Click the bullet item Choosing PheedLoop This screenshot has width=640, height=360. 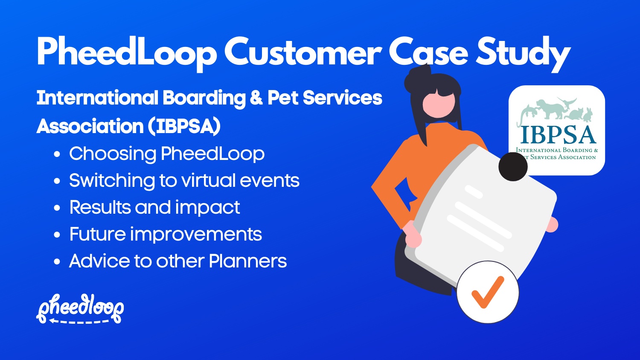[x=166, y=154]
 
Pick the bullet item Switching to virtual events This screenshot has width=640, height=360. [x=184, y=181]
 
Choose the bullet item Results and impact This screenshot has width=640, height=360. [x=154, y=208]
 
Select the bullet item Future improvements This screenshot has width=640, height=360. [x=166, y=235]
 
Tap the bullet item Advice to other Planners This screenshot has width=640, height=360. [x=177, y=261]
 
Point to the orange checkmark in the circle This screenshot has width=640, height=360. [x=487, y=292]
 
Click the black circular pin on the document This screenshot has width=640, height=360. [x=513, y=167]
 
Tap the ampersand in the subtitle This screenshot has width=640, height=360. [x=256, y=98]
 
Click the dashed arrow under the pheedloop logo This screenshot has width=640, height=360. [x=79, y=321]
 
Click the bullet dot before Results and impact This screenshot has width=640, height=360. [x=57, y=209]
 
